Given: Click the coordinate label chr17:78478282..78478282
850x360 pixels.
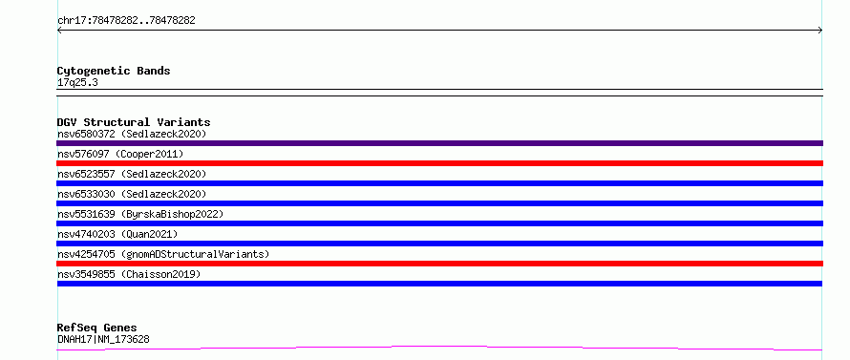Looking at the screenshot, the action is (x=126, y=21).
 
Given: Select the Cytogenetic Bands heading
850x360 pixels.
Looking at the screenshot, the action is (x=114, y=71).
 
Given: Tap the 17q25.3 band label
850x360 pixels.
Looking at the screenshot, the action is (x=77, y=83).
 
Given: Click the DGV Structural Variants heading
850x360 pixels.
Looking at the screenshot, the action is (x=134, y=122).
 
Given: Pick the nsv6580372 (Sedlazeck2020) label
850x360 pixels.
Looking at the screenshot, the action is (x=132, y=134).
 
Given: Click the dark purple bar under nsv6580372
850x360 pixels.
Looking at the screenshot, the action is (x=439, y=143).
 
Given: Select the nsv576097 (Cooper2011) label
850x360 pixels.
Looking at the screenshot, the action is (x=120, y=154).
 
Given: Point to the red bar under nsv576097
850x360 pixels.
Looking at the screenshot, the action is (x=439, y=163).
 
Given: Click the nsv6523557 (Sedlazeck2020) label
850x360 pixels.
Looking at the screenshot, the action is (x=132, y=174).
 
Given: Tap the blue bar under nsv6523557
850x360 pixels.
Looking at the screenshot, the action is (x=439, y=183).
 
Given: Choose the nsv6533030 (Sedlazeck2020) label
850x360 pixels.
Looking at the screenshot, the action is (x=132, y=194).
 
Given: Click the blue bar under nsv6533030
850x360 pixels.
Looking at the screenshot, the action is (x=439, y=203).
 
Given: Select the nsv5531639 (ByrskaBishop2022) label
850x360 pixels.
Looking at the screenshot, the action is (x=140, y=214).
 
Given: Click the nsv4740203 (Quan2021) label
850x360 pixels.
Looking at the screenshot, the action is (x=117, y=234).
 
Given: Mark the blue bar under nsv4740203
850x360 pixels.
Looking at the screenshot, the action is (x=439, y=244).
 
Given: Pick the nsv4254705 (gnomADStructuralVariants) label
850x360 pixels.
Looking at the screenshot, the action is (x=163, y=254).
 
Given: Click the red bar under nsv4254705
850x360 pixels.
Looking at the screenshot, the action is (x=439, y=264).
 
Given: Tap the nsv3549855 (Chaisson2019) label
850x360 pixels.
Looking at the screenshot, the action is (x=129, y=274).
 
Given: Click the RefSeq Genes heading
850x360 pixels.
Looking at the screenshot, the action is (x=97, y=328).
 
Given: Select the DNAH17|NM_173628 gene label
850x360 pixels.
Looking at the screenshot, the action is (x=103, y=339).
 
